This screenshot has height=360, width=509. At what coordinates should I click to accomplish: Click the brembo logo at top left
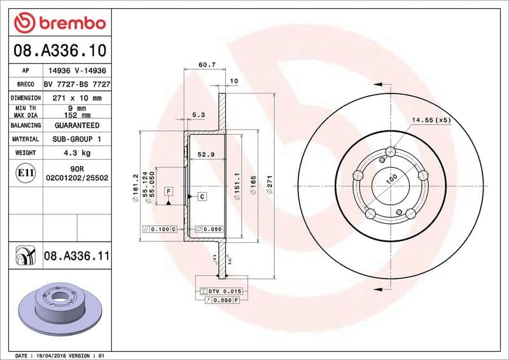click(59, 22)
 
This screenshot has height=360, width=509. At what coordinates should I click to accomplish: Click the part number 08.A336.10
click(59, 50)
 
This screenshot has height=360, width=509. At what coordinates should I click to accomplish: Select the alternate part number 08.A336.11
click(77, 256)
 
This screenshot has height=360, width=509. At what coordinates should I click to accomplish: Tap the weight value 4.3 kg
click(76, 153)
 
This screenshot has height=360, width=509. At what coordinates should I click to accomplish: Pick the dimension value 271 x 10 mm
click(76, 98)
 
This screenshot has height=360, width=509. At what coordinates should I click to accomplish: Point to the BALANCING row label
click(25, 125)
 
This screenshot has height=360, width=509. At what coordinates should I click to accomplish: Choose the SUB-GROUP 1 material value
click(76, 139)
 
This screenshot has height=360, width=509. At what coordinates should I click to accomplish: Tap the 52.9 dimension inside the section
click(205, 155)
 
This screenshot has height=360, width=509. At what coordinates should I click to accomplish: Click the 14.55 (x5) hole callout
click(431, 120)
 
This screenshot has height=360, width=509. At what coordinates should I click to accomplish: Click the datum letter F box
click(169, 191)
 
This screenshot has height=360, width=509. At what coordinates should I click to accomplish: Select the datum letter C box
click(202, 197)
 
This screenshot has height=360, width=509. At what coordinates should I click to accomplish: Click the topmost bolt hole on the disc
click(391, 151)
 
